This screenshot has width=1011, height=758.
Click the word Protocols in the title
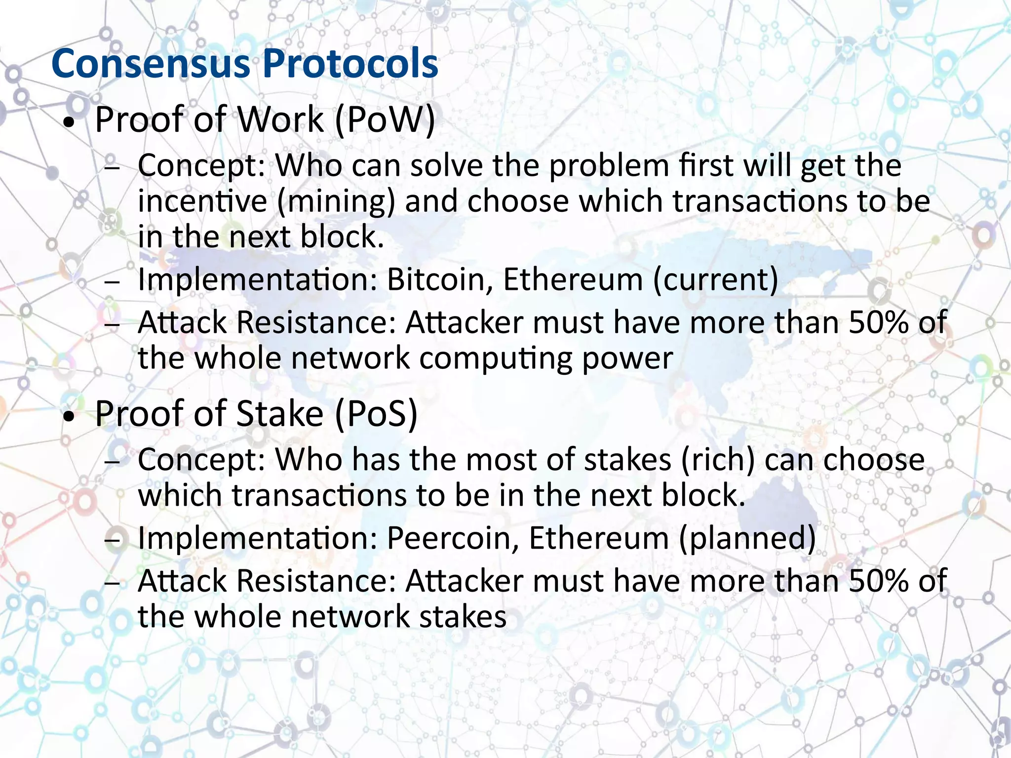click(350, 64)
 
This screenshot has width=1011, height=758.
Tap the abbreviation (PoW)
click(385, 120)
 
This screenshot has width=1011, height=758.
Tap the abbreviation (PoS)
click(376, 414)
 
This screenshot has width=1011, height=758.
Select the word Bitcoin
click(439, 279)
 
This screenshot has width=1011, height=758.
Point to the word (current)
click(715, 280)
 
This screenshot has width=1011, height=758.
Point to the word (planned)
click(747, 538)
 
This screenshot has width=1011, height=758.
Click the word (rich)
click(718, 460)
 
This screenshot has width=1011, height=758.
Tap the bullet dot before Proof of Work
click(71, 123)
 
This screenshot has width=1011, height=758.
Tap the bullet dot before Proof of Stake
click(71, 417)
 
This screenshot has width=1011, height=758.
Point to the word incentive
click(202, 201)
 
